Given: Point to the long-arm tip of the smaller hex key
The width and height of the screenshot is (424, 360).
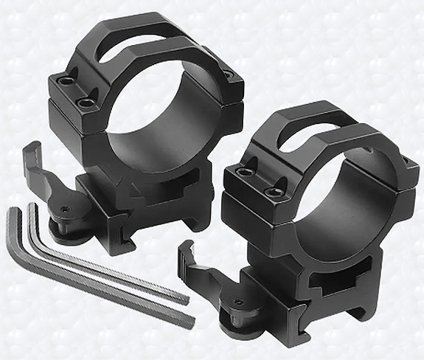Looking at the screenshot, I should pos(184,298).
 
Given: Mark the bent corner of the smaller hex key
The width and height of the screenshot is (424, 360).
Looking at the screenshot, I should pos(32,209).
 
